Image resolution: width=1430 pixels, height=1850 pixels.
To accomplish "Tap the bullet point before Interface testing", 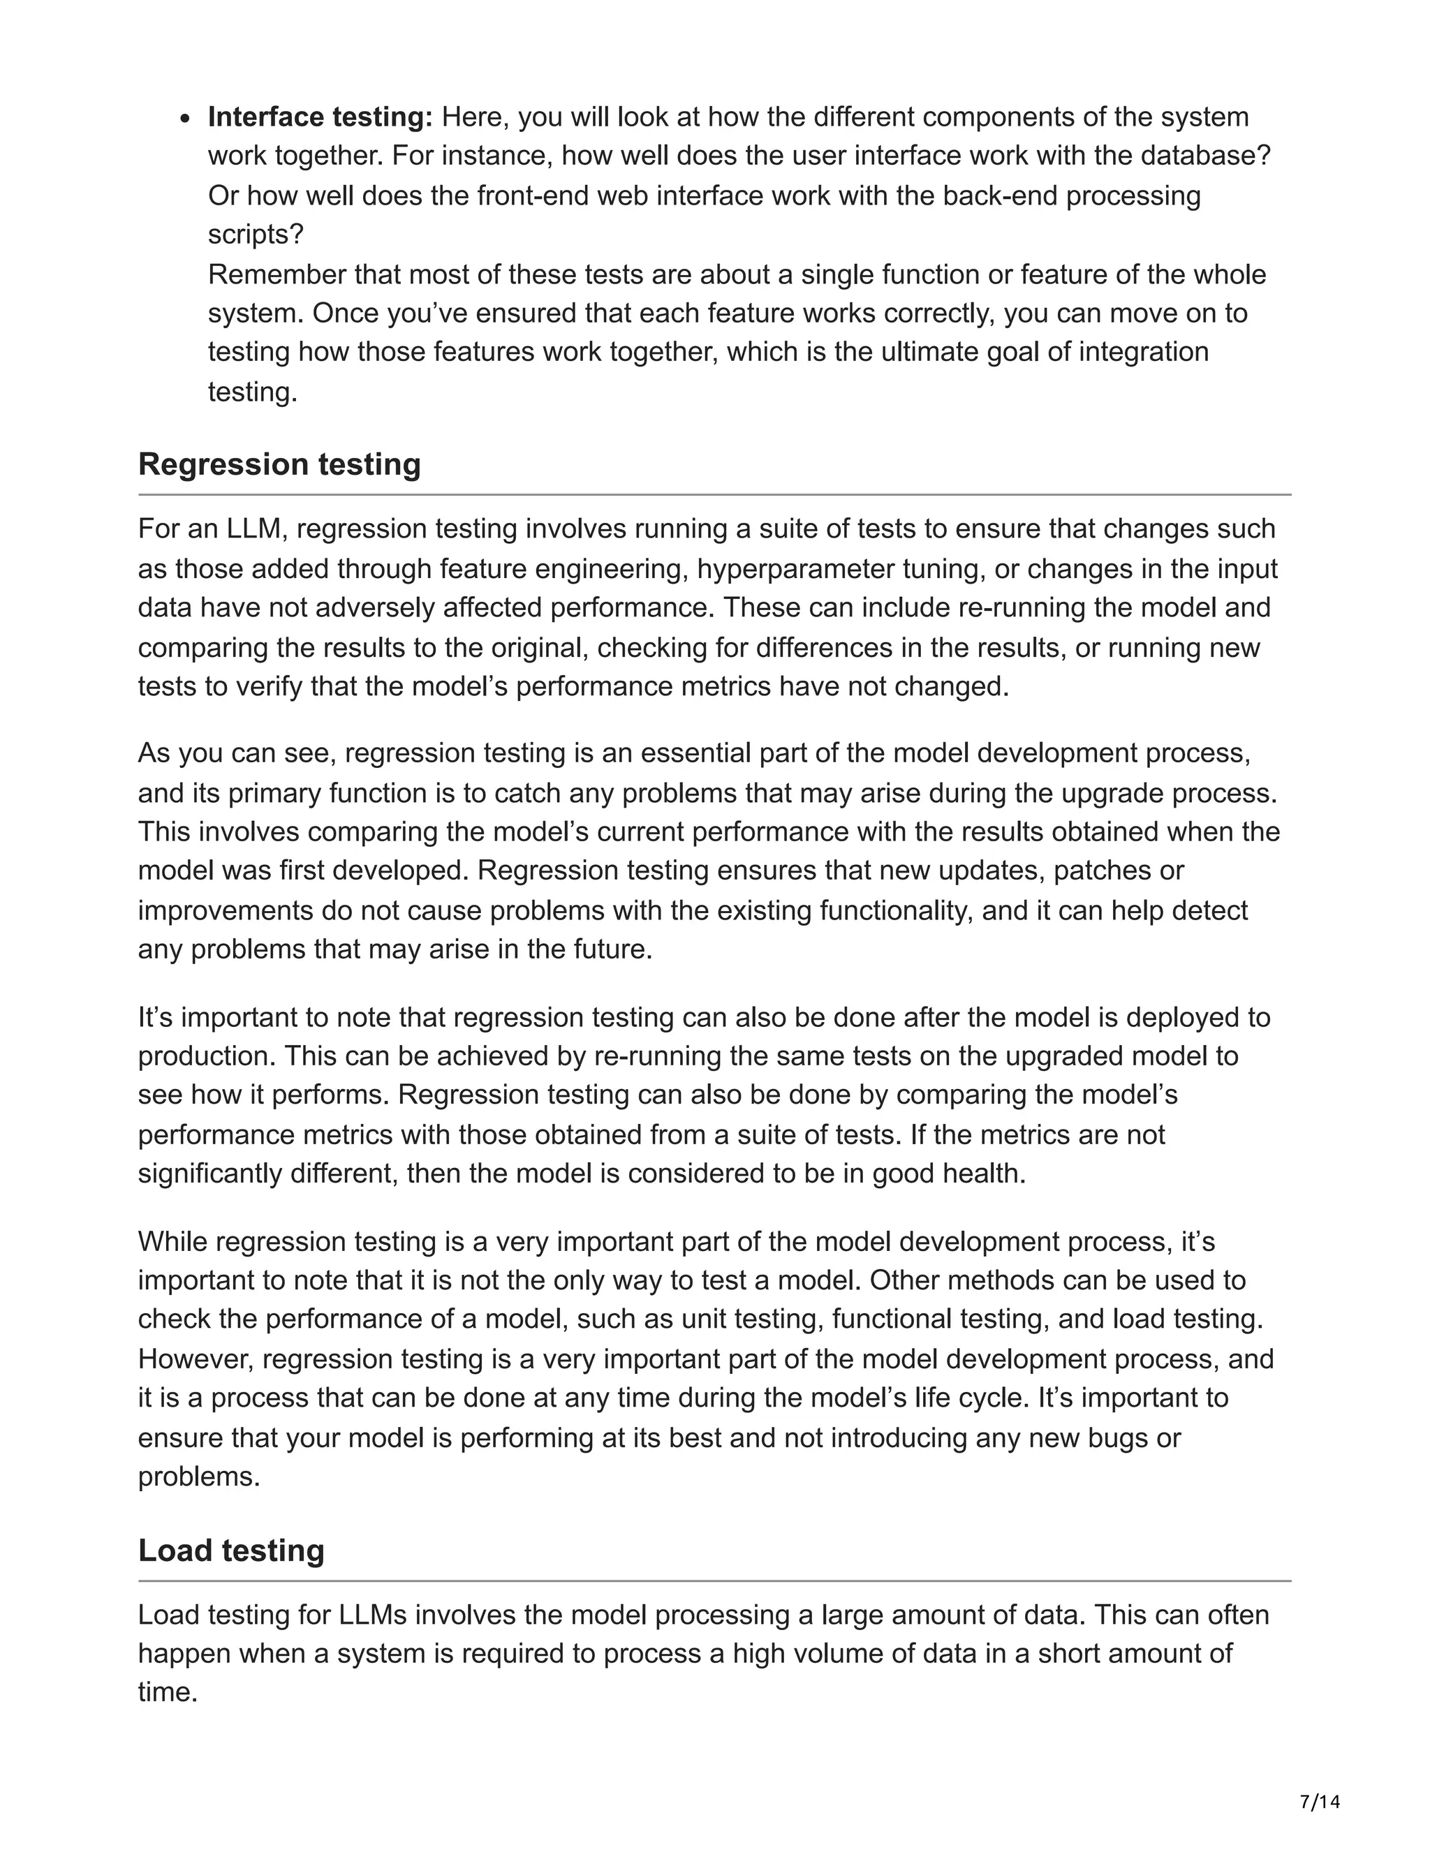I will pos(187,119).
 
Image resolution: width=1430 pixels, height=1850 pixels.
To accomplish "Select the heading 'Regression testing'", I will pos(279,464).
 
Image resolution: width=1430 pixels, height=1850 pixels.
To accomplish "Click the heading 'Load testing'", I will pos(231,1550).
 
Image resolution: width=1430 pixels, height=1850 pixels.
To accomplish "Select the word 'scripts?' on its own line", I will pos(256,234).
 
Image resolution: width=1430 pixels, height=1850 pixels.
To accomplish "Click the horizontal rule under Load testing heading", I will pos(714,1581).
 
